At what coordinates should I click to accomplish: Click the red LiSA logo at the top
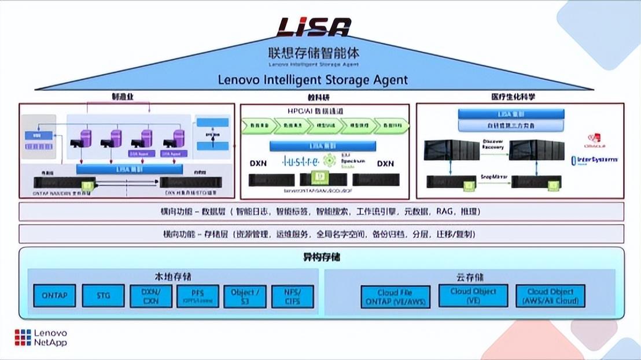314,27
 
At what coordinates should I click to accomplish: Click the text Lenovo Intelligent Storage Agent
313,80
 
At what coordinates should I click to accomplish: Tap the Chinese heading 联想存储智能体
313,53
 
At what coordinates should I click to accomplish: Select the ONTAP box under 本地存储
54,296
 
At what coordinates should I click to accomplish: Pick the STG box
104,296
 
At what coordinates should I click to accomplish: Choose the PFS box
198,296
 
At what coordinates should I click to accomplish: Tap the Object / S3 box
245,296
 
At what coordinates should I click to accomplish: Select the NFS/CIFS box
292,296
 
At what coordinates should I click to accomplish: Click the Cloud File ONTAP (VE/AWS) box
396,297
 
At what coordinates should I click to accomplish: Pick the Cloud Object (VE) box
473,296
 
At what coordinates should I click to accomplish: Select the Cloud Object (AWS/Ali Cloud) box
550,296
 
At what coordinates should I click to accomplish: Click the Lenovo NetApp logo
40,338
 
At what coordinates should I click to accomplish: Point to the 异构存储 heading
322,256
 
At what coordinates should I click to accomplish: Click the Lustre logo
301,161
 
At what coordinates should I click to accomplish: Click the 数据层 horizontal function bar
321,211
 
